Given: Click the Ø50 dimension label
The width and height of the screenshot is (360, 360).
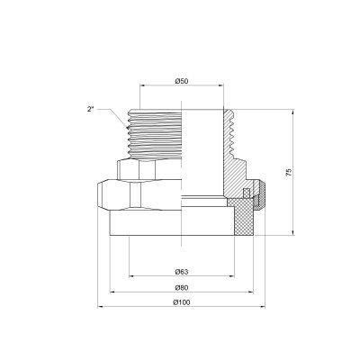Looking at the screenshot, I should tap(183, 82).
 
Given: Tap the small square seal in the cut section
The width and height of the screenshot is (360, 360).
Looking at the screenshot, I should tap(247, 193).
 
